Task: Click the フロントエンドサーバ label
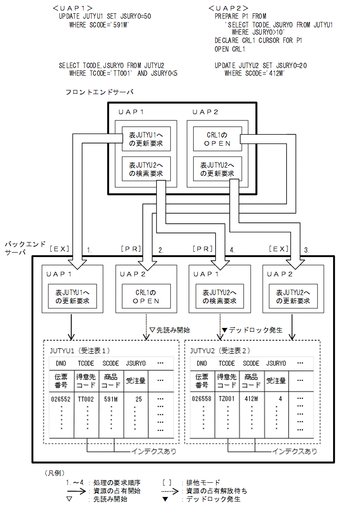point(99,92)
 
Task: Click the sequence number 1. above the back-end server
point(90,250)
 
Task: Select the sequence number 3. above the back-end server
point(307,250)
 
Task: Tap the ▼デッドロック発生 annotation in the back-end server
point(252,330)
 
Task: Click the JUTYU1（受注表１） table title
point(81,351)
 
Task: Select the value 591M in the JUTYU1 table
point(111,399)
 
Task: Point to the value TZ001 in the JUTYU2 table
point(227,399)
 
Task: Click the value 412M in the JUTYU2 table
point(251,399)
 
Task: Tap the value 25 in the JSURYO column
point(138,399)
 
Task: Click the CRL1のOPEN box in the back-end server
point(146,296)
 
